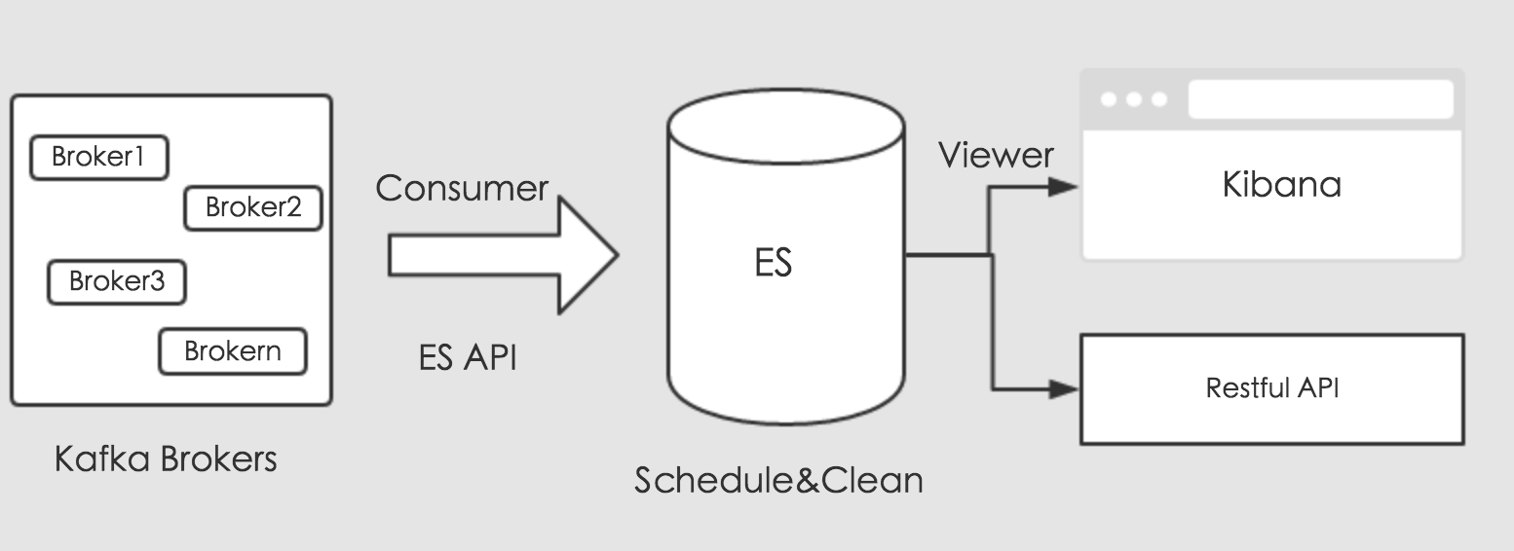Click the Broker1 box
(x=98, y=158)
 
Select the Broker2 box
(x=253, y=207)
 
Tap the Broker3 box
(x=117, y=282)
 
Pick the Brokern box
(x=232, y=351)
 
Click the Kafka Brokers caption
(x=166, y=459)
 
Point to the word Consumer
(x=462, y=189)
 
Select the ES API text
(x=468, y=358)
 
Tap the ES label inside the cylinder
(x=773, y=264)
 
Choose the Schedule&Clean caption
(x=778, y=480)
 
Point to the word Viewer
(x=996, y=156)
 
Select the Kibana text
(x=1281, y=185)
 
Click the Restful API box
(x=1271, y=389)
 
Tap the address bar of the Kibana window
(x=1320, y=99)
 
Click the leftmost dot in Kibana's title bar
(x=1109, y=99)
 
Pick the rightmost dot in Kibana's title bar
(x=1158, y=99)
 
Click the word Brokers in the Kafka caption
(x=218, y=459)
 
